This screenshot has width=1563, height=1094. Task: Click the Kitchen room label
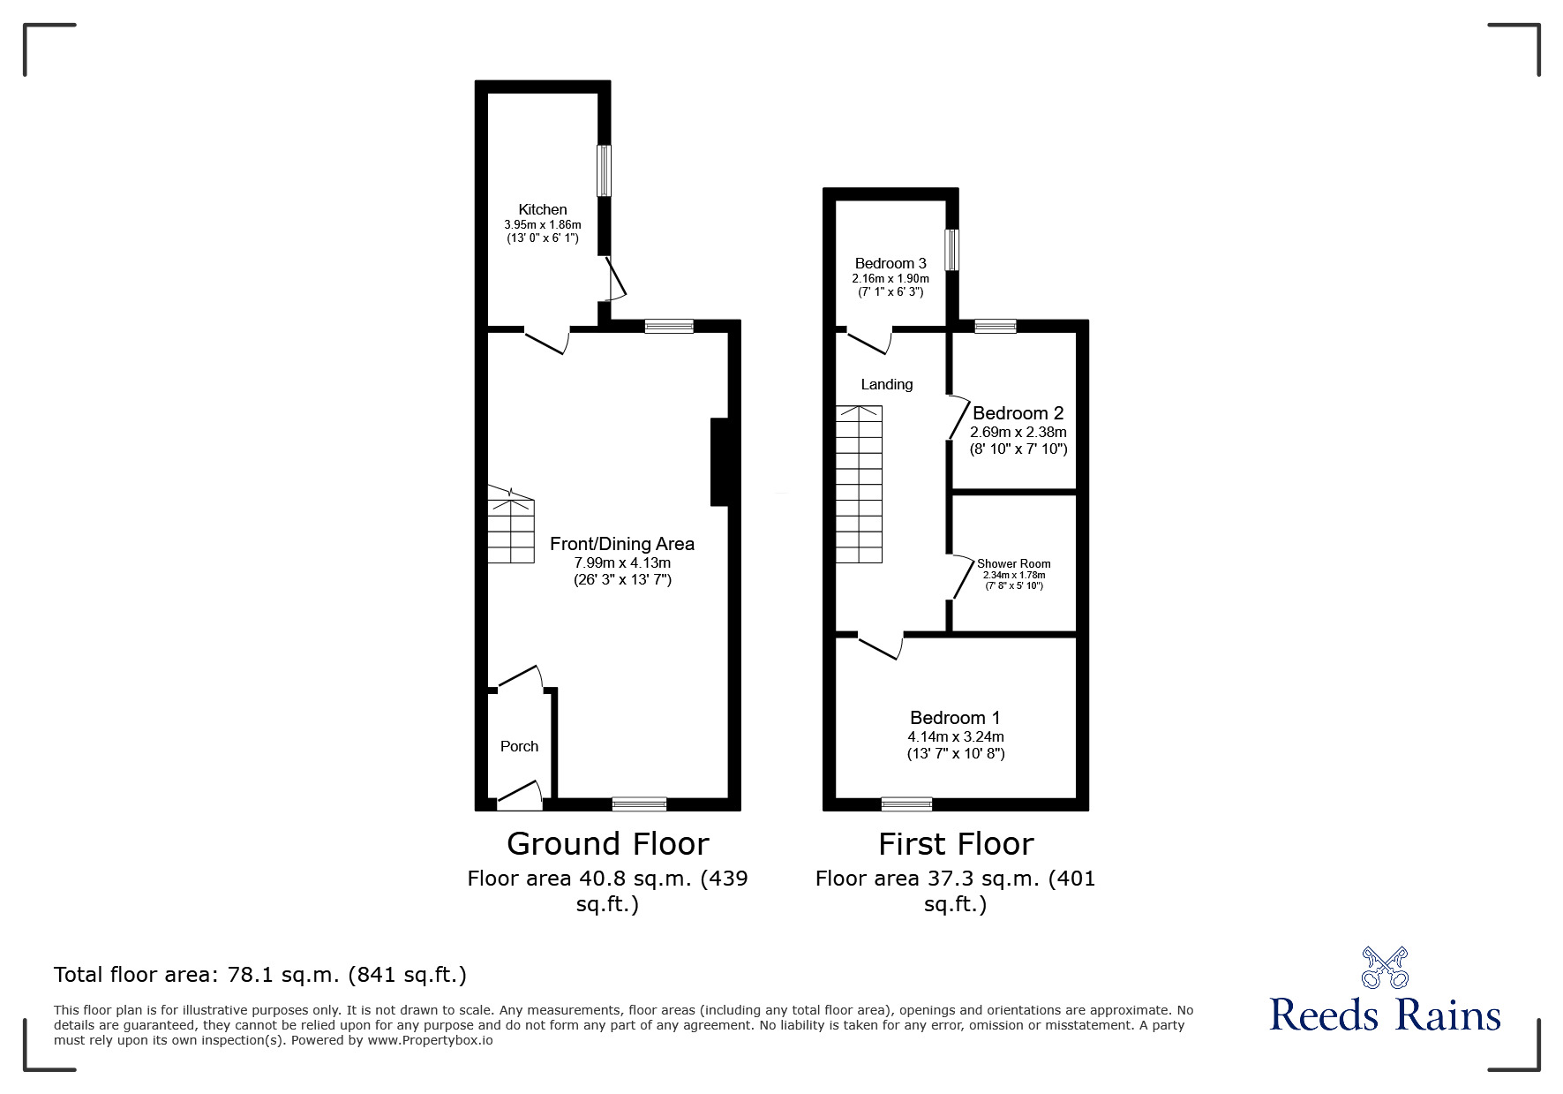click(x=542, y=209)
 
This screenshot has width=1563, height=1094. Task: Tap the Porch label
click(x=519, y=746)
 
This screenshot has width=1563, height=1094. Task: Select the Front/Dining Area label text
click(x=621, y=544)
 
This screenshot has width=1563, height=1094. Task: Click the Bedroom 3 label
click(x=890, y=263)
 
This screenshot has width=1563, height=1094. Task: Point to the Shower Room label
click(x=1013, y=563)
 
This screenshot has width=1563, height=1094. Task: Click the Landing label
click(x=886, y=384)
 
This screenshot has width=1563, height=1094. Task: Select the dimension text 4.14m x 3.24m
click(x=955, y=736)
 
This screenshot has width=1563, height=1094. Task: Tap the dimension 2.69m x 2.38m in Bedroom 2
click(x=1018, y=433)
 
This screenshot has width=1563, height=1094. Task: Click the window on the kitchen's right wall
click(x=604, y=170)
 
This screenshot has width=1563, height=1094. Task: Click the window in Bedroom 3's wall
click(x=951, y=250)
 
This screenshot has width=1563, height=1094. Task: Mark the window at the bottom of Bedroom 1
click(x=906, y=804)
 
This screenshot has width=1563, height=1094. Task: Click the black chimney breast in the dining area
click(x=720, y=462)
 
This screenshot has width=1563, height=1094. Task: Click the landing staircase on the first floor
click(x=859, y=484)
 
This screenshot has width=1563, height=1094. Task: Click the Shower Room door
click(x=958, y=578)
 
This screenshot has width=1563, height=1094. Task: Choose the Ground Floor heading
click(x=607, y=844)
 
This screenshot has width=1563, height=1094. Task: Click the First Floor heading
click(x=955, y=844)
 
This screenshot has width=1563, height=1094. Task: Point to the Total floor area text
click(x=259, y=975)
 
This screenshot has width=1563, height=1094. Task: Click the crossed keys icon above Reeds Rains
click(x=1384, y=968)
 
